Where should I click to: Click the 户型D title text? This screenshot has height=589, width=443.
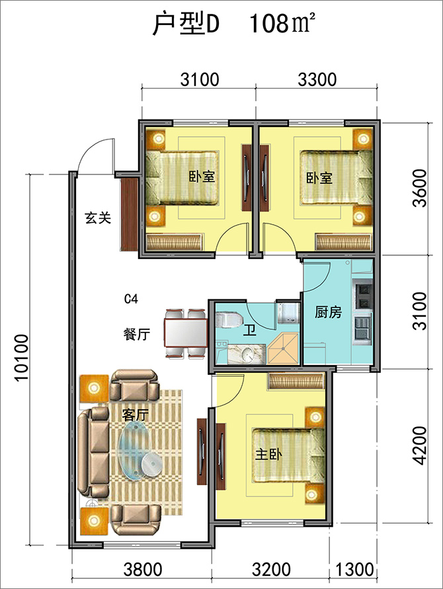point(185,24)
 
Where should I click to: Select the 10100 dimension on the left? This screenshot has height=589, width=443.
point(21,357)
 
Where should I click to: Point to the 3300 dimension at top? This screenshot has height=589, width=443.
point(317,79)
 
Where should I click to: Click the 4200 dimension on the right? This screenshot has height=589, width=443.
point(419,446)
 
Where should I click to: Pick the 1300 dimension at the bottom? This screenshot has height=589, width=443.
point(354,569)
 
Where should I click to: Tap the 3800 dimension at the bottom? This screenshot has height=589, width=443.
point(143,569)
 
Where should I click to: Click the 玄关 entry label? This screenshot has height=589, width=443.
point(98,218)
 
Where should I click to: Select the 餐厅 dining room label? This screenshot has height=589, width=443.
point(137,334)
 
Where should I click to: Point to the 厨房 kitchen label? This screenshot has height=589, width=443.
point(329,312)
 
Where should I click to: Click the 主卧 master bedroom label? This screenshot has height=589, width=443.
point(268,455)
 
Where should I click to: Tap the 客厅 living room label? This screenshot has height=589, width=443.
point(136,414)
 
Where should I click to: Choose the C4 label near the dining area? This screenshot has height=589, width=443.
point(131,299)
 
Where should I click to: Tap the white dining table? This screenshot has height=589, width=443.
point(186,333)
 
